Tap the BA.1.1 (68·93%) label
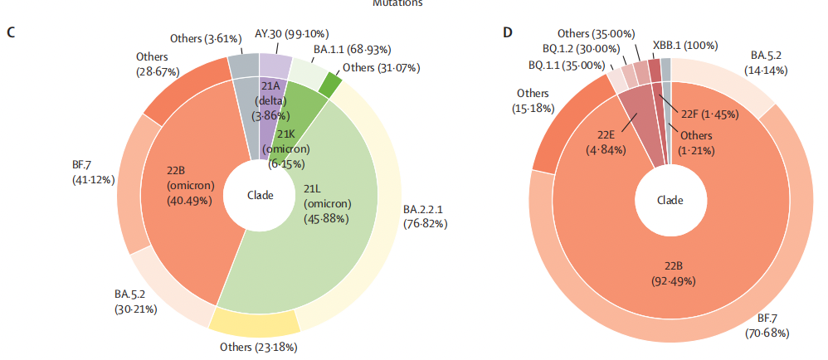point(352,50)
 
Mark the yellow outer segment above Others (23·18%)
point(254,319)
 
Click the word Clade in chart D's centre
point(670,200)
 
